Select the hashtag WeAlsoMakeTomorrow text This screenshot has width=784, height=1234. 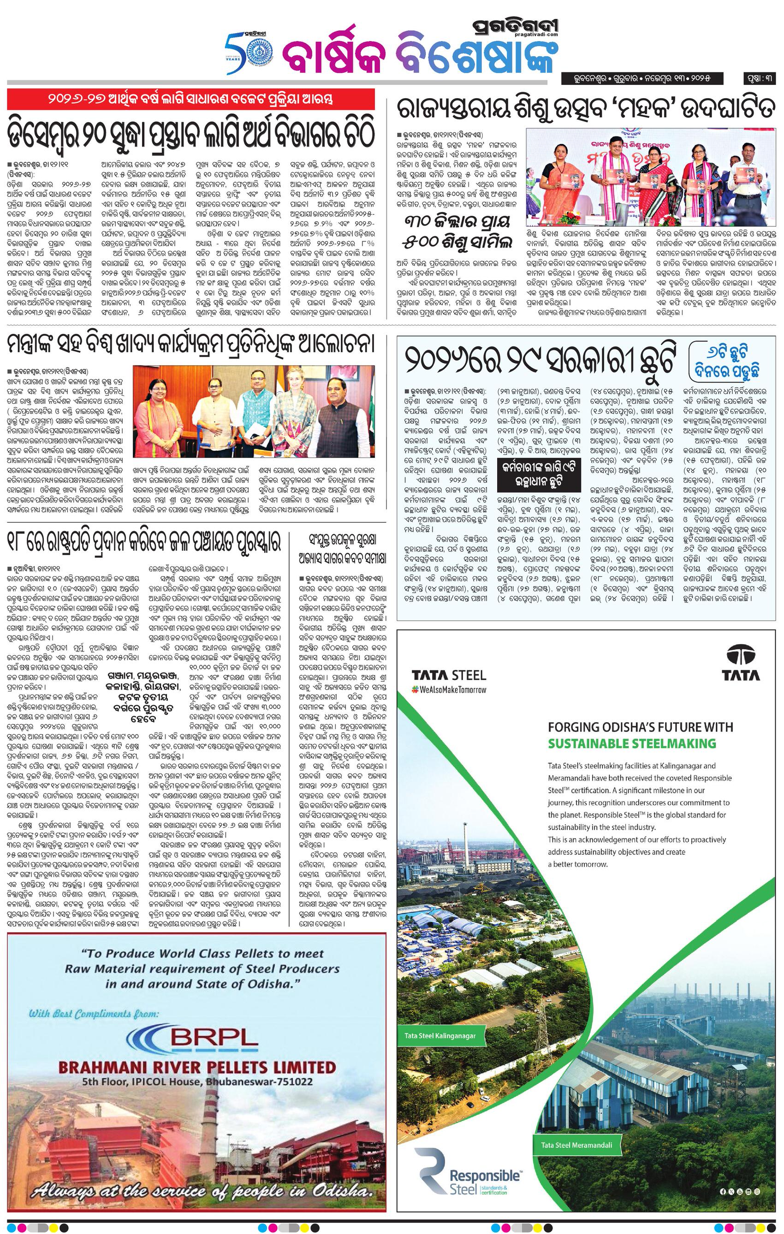coord(449,689)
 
